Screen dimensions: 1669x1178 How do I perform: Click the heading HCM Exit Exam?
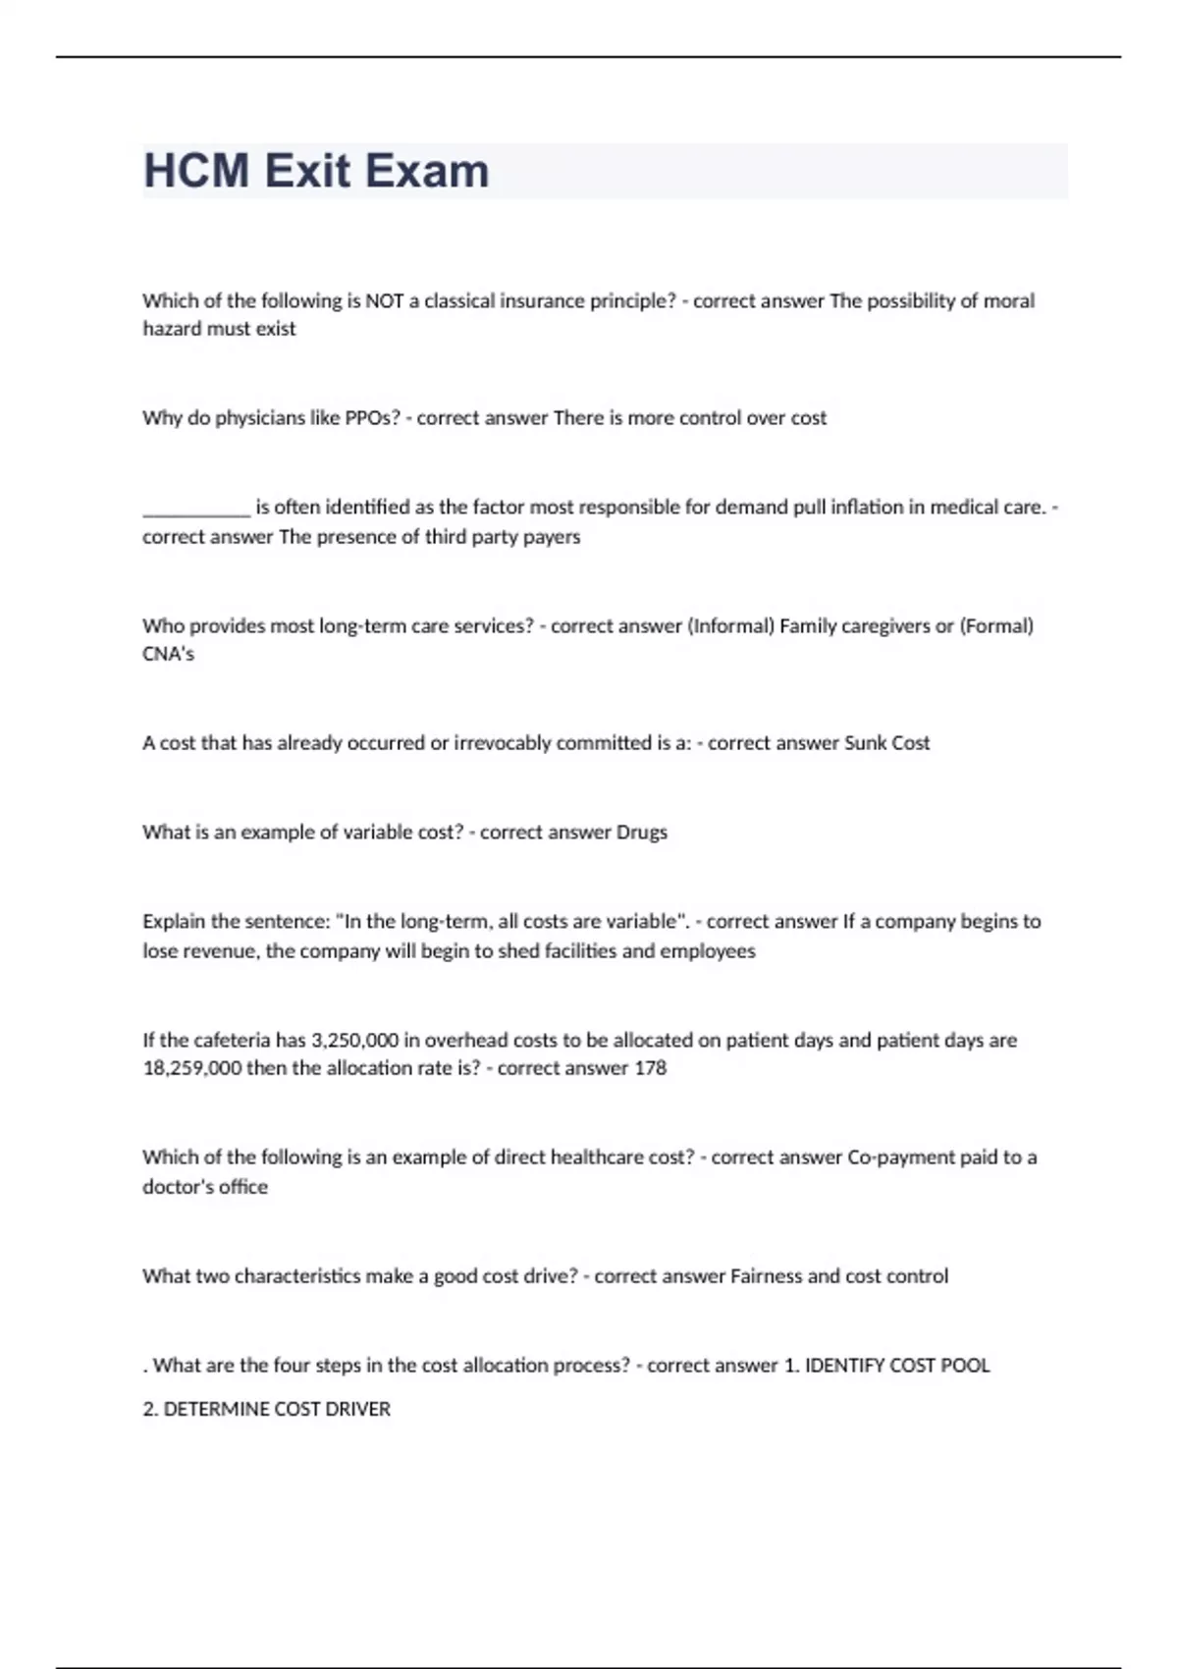316,171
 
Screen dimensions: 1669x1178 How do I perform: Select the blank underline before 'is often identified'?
196,510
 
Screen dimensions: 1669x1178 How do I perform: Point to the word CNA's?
168,654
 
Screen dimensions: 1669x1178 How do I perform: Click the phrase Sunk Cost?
886,743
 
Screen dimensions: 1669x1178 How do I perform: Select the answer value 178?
650,1068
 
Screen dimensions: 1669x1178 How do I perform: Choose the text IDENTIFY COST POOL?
897,1366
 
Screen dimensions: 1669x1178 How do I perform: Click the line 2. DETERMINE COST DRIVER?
266,1410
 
